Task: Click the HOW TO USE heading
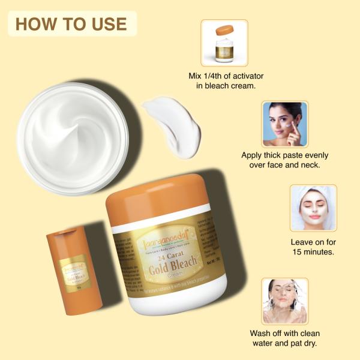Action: pos(71,24)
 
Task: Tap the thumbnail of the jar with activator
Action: pos(224,43)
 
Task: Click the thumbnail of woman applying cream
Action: pos(284,124)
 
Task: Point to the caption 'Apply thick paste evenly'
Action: pos(284,155)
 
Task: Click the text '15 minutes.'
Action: pos(313,252)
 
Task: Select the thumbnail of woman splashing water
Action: pos(284,301)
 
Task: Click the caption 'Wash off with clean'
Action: pos(284,333)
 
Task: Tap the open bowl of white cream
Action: pos(72,137)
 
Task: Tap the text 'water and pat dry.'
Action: pos(284,344)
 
